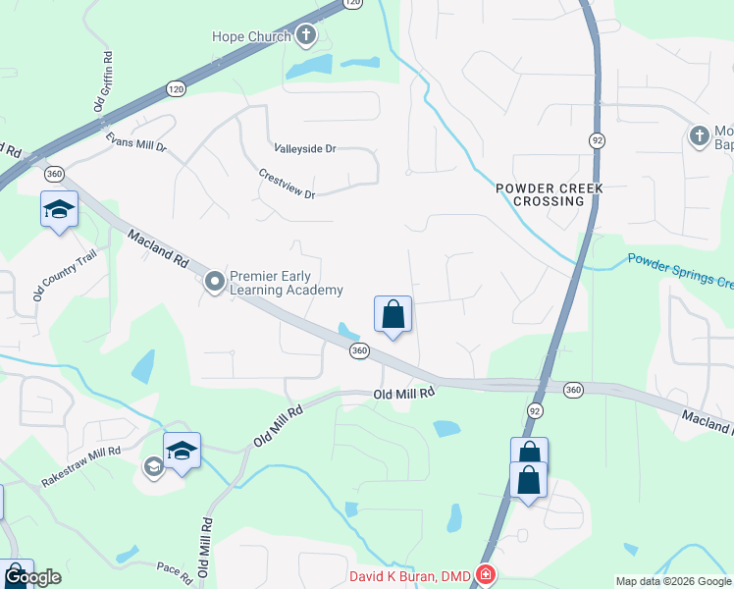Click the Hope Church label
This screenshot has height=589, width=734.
(252, 37)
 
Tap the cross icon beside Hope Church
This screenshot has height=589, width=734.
(306, 37)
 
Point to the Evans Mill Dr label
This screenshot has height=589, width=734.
(136, 143)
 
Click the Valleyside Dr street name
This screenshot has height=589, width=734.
(304, 149)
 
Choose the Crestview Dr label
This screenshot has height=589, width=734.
(287, 183)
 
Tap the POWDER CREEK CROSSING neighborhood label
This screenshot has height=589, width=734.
(548, 193)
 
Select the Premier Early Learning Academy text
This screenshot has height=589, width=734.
(286, 283)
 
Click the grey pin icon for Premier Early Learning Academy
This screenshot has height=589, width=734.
(215, 283)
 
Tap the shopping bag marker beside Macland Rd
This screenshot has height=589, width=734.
(393, 315)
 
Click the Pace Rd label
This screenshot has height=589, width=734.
(170, 566)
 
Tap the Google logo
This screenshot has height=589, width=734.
(32, 577)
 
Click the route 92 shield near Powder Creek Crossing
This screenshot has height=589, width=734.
(596, 140)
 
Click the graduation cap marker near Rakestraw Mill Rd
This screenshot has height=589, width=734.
(182, 452)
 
